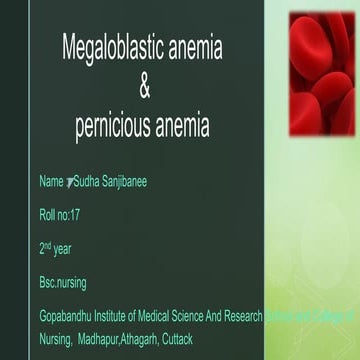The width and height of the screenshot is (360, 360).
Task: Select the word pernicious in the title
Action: (115, 128)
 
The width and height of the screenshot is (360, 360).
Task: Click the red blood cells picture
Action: (321, 75)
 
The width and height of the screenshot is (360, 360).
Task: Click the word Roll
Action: (47, 214)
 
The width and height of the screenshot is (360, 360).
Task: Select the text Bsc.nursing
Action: (62, 282)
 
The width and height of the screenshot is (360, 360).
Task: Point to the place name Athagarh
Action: (147, 339)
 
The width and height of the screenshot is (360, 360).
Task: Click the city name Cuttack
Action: (187, 339)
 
